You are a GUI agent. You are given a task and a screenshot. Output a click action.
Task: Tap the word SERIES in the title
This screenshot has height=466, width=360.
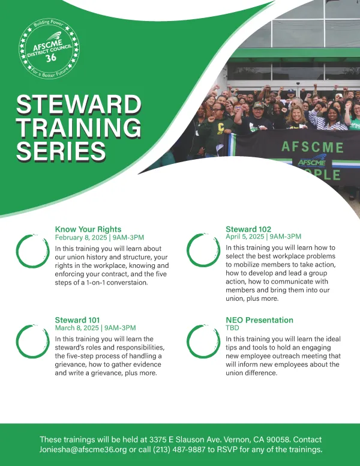click(61, 150)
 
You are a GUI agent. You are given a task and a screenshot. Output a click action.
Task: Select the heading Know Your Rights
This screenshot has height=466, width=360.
click(88, 229)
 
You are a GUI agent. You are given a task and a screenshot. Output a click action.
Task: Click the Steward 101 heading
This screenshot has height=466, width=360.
click(77, 320)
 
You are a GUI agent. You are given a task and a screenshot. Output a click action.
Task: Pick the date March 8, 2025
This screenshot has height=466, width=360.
click(77, 328)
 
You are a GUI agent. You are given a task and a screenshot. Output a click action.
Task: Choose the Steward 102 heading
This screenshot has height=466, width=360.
click(248, 229)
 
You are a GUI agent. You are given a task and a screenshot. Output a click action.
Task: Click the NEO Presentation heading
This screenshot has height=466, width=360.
click(259, 320)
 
